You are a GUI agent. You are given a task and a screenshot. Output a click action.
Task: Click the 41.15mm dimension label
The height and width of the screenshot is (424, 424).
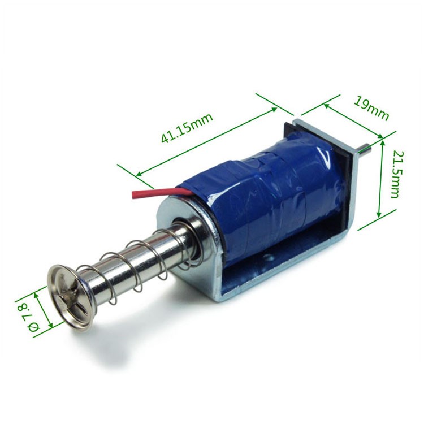pos(187,129)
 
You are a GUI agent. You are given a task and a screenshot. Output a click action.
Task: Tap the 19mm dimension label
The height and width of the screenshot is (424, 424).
pos(371,108)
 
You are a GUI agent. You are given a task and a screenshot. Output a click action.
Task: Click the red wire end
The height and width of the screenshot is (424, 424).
pos(136,195)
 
